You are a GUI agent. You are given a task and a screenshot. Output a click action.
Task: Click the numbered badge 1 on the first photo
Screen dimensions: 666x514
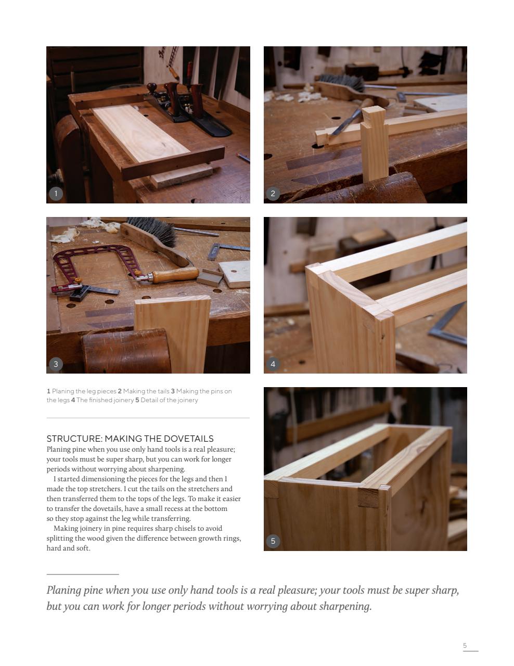point(56,194)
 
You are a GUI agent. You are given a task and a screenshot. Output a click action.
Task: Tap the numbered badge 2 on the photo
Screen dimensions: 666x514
point(273,194)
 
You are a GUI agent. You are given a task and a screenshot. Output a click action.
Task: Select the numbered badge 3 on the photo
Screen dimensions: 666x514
point(56,364)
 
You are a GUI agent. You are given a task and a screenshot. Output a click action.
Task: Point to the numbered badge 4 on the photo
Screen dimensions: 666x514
point(273,364)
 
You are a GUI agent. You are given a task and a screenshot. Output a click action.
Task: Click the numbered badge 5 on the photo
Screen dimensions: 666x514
point(273,541)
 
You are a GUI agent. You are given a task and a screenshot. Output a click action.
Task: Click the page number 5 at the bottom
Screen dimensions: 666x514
point(465,646)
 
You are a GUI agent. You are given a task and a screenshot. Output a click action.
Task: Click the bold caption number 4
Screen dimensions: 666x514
point(73,400)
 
